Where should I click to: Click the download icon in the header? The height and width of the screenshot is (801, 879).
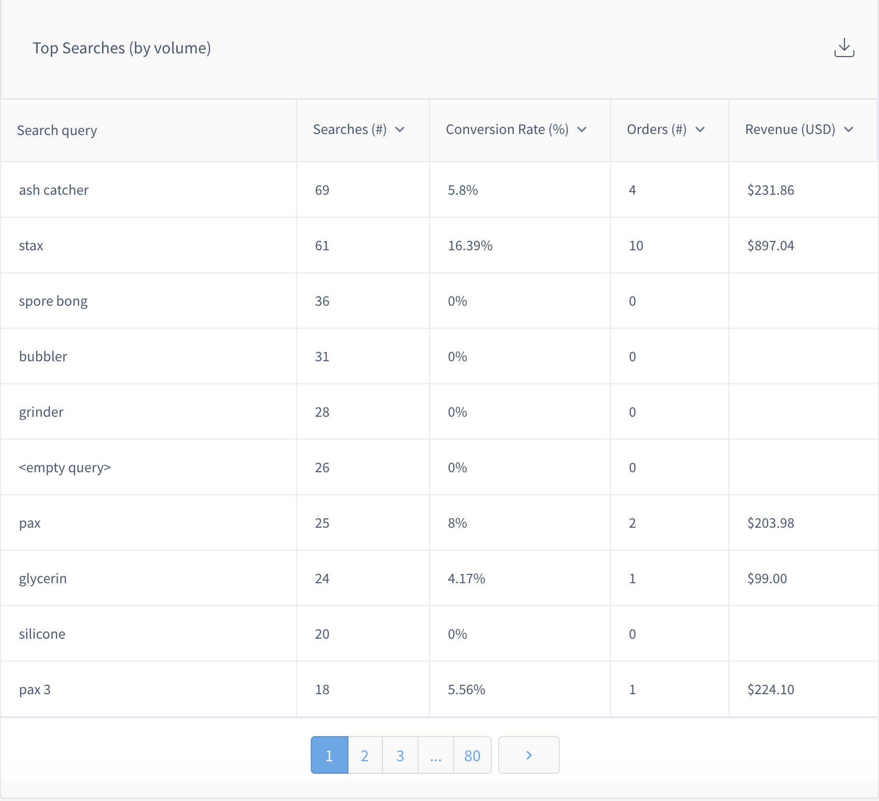pyautogui.click(x=844, y=48)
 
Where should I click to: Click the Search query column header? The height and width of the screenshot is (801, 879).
pyautogui.click(x=57, y=130)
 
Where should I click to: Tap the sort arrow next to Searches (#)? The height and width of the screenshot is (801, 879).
pyautogui.click(x=400, y=130)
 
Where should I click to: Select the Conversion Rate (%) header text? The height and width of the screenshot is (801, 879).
pyautogui.click(x=506, y=130)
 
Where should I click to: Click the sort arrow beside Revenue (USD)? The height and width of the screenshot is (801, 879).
pyautogui.click(x=849, y=130)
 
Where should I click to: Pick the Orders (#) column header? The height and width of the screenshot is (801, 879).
pyautogui.click(x=656, y=130)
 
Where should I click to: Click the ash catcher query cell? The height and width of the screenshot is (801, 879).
pyautogui.click(x=54, y=190)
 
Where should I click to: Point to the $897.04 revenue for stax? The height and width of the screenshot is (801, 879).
pyautogui.click(x=770, y=246)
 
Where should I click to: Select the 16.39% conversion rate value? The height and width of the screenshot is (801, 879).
pyautogui.click(x=470, y=246)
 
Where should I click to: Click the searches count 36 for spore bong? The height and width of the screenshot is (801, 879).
pyautogui.click(x=322, y=301)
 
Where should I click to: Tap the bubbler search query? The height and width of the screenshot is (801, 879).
pyautogui.click(x=43, y=357)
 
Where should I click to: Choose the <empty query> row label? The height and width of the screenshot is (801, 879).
pyautogui.click(x=65, y=468)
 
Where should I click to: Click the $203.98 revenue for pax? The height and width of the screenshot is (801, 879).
pyautogui.click(x=770, y=523)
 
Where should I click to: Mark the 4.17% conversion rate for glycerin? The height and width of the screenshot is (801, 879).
pyautogui.click(x=466, y=578)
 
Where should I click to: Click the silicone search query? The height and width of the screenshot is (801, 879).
pyautogui.click(x=42, y=634)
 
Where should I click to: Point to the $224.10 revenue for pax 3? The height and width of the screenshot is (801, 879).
pyautogui.click(x=770, y=689)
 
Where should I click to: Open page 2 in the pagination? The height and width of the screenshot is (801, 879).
pyautogui.click(x=365, y=755)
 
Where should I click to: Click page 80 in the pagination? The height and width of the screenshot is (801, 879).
pyautogui.click(x=472, y=755)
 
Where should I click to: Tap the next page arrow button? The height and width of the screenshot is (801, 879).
pyautogui.click(x=528, y=755)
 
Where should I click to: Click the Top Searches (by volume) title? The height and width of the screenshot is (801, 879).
pyautogui.click(x=121, y=48)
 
